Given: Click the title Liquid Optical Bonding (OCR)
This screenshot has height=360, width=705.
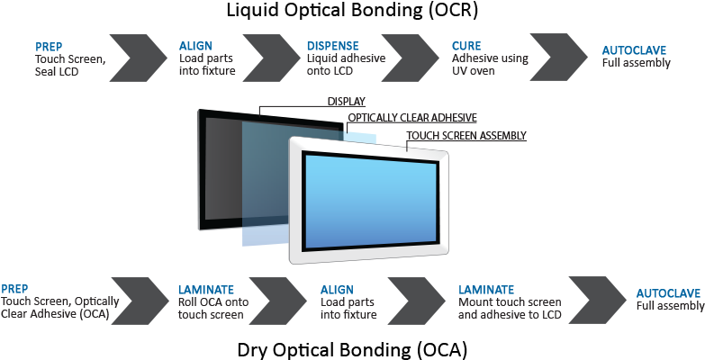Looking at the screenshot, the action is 352,11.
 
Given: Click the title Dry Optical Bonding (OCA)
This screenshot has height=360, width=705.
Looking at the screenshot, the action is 352,349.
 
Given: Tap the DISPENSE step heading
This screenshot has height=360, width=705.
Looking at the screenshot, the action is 333,46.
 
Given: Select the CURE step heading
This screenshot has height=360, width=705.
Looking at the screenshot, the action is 466,46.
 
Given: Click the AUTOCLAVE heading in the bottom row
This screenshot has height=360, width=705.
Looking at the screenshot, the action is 668,293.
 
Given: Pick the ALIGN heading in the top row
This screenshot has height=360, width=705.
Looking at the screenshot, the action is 195,46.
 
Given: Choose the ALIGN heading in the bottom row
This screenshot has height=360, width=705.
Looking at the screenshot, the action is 338,290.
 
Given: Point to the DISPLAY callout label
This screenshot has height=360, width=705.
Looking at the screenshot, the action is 347,102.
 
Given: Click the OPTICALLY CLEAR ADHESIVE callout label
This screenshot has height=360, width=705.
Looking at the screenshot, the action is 412,118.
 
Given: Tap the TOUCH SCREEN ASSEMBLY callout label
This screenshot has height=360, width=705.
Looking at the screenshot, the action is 466,135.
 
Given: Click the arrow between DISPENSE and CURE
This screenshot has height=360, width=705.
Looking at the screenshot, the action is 410,58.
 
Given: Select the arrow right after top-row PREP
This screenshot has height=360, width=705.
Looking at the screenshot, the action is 138,58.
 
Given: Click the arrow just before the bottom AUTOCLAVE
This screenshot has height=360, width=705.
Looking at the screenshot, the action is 598,301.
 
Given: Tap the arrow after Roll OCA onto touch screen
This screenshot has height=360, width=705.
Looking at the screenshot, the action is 278,301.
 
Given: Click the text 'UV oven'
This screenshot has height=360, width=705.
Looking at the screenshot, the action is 474,71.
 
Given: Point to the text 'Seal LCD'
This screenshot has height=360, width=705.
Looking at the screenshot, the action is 57,71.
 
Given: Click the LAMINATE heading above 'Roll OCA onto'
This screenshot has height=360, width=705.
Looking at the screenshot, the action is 206,290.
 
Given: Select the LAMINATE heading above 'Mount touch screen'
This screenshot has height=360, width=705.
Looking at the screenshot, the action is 486,290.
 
